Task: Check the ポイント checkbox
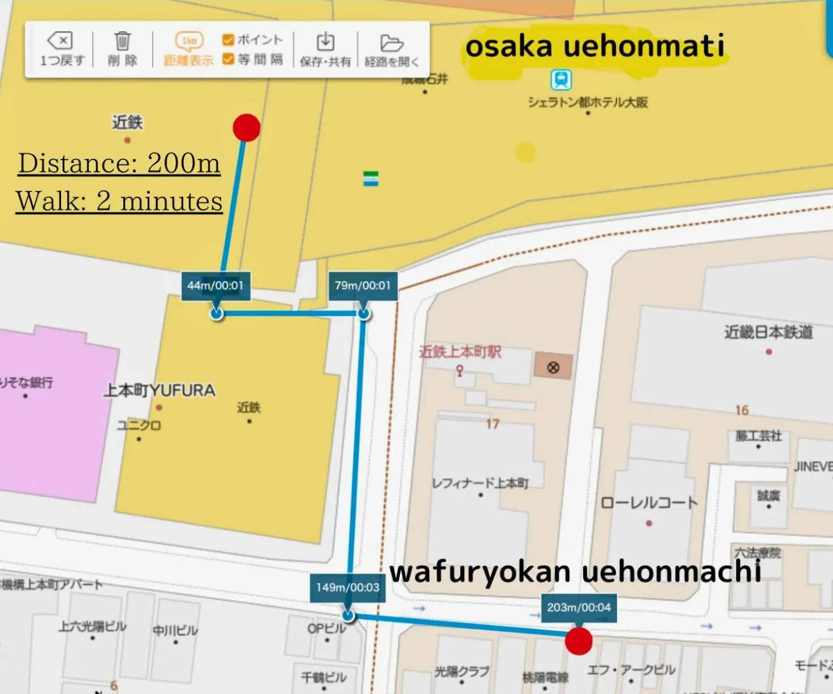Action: pyautogui.click(x=228, y=40)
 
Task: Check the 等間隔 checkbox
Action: pyautogui.click(x=228, y=59)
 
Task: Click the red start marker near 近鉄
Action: pyautogui.click(x=247, y=127)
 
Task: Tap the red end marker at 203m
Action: pyautogui.click(x=579, y=641)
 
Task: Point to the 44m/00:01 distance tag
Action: pyautogui.click(x=215, y=286)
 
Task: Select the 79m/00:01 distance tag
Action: pyautogui.click(x=362, y=286)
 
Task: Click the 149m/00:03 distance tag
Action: pyautogui.click(x=347, y=588)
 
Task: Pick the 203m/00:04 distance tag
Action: pyautogui.click(x=579, y=607)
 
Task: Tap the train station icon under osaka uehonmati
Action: pyautogui.click(x=561, y=80)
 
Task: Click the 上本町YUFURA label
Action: pyautogui.click(x=159, y=390)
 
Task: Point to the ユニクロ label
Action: pyautogui.click(x=139, y=425)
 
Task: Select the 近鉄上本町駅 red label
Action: pyautogui.click(x=460, y=352)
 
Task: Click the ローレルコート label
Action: pyautogui.click(x=649, y=503)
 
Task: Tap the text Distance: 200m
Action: pyautogui.click(x=119, y=163)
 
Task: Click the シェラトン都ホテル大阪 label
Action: pyautogui.click(x=588, y=102)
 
